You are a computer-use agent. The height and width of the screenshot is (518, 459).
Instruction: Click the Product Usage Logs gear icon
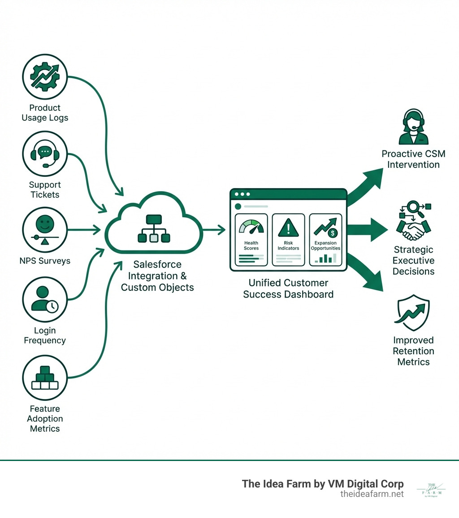44,76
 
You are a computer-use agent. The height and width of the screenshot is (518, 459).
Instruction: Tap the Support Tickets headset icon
44,154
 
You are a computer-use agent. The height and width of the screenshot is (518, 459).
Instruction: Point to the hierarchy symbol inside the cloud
153,229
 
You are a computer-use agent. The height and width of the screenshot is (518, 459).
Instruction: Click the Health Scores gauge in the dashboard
251,227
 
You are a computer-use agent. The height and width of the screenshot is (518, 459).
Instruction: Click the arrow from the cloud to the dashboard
214,230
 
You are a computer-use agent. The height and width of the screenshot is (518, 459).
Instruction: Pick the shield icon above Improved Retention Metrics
413,312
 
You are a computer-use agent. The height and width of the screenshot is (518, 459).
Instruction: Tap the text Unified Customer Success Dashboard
288,289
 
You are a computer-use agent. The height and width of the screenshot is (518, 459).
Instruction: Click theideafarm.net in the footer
372,494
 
